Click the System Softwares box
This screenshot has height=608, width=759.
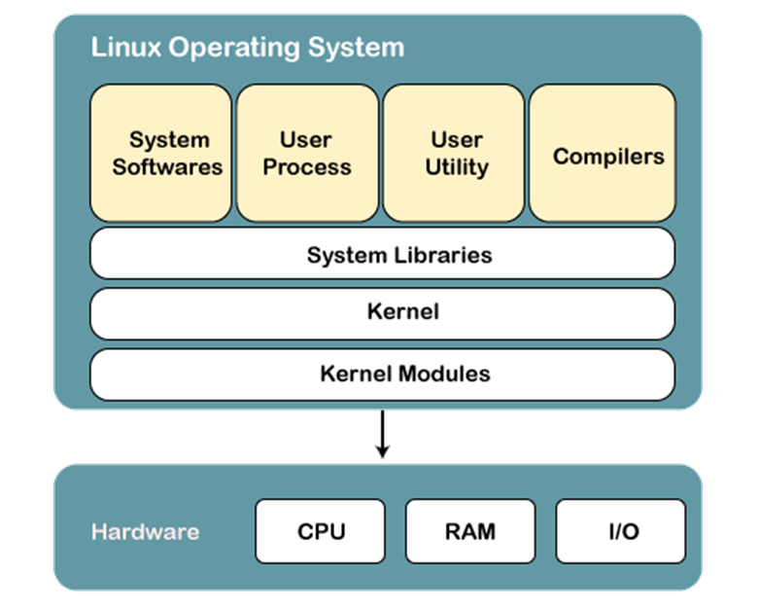click(161, 153)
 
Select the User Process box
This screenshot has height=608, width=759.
click(307, 153)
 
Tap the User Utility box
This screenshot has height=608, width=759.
click(455, 153)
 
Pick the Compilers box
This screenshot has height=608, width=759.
click(603, 153)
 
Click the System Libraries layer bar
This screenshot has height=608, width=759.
click(382, 254)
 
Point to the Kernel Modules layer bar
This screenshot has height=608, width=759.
click(382, 374)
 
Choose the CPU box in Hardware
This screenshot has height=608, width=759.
click(321, 531)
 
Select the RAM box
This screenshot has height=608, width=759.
click(470, 531)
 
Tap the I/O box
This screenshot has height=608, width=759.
click(620, 531)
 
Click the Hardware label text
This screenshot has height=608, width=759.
click(145, 532)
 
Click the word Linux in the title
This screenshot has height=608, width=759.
click(117, 47)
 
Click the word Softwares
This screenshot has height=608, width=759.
click(167, 166)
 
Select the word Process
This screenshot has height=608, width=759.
click(307, 166)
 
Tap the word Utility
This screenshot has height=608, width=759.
click(455, 166)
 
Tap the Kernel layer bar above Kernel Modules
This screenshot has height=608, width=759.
click(382, 312)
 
